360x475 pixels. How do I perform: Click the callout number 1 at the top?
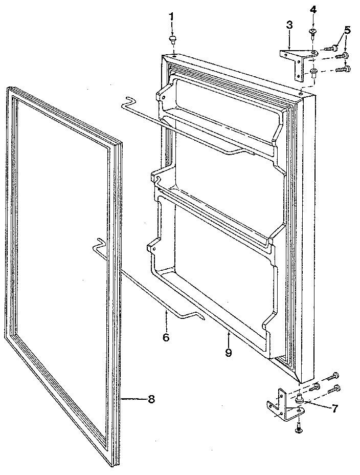[x=172, y=17]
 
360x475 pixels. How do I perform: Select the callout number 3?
[x=289, y=25]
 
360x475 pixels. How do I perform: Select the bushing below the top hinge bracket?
[x=313, y=71]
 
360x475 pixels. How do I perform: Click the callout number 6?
[x=166, y=337]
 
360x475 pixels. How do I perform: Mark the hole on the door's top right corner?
[x=302, y=94]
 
